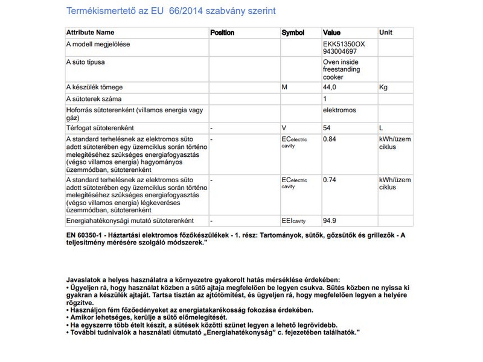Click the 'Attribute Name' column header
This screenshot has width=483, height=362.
(x=90, y=33)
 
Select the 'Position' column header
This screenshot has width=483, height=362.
(x=222, y=33)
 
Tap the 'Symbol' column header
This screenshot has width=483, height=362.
(x=293, y=33)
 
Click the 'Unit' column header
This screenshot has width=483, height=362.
(x=385, y=33)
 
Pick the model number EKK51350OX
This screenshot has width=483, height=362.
(x=344, y=45)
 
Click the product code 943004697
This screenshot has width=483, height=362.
(x=340, y=52)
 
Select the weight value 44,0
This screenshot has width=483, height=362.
(x=330, y=87)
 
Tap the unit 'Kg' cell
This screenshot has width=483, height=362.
(x=383, y=87)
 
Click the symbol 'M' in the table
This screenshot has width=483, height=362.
(x=284, y=87)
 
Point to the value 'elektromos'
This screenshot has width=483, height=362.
(x=339, y=110)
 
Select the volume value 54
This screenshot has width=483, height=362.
(x=327, y=128)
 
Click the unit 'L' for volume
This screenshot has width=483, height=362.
(x=381, y=128)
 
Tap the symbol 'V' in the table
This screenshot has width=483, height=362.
(x=284, y=128)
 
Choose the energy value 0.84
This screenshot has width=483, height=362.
(x=330, y=139)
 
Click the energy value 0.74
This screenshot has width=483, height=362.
(x=330, y=180)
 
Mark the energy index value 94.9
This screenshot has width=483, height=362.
(x=330, y=221)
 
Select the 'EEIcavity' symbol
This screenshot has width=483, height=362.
(x=294, y=221)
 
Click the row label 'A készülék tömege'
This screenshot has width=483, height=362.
(x=91, y=87)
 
